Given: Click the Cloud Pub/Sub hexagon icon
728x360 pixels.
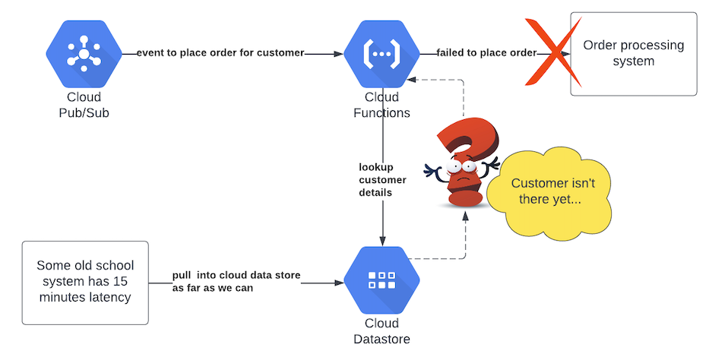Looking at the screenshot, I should pyautogui.click(x=83, y=53).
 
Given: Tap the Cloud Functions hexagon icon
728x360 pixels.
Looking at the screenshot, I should pyautogui.click(x=381, y=53).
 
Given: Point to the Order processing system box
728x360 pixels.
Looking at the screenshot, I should pyautogui.click(x=633, y=53).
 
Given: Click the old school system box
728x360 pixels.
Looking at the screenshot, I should pyautogui.click(x=84, y=282).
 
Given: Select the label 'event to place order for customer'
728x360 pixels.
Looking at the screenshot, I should pyautogui.click(x=220, y=53).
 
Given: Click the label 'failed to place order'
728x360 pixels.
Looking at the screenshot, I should pyautogui.click(x=486, y=53).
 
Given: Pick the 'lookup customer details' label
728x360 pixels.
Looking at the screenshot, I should pyautogui.click(x=382, y=179).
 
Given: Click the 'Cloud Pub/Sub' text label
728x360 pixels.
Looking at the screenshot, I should pyautogui.click(x=83, y=105).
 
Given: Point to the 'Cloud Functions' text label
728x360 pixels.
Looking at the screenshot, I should pyautogui.click(x=381, y=105).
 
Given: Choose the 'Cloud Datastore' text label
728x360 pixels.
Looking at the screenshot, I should pyautogui.click(x=381, y=331).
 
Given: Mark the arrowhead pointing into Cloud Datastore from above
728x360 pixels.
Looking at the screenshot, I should pyautogui.click(x=382, y=240).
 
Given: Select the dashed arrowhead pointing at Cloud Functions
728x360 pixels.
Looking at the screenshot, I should pyautogui.click(x=419, y=77).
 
